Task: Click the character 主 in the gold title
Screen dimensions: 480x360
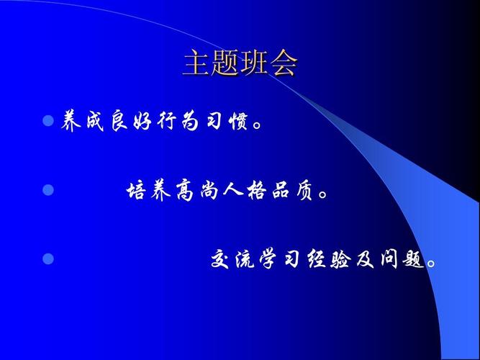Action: [x=196, y=63]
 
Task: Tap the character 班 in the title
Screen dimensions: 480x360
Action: [x=254, y=63]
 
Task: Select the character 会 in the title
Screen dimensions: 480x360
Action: [x=283, y=63]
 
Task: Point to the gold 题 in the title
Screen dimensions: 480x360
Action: [x=225, y=63]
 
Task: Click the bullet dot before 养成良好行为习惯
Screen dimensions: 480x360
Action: [x=48, y=121]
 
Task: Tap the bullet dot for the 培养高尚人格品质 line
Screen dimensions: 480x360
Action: [x=48, y=189]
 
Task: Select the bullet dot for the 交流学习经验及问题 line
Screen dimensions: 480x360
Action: [x=48, y=258]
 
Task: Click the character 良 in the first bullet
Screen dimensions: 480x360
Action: [x=119, y=122]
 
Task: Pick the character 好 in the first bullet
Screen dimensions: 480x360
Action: [x=142, y=122]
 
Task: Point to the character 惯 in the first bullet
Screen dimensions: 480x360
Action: [x=238, y=122]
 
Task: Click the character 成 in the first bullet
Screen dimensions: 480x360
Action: [x=95, y=122]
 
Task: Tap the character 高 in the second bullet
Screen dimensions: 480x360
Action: [x=185, y=191]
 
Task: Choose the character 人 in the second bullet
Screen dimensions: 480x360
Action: [x=232, y=190]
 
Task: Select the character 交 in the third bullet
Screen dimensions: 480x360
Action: [x=220, y=259]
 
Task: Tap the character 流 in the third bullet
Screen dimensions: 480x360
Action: [x=245, y=259]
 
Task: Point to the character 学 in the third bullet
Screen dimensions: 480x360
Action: [x=268, y=259]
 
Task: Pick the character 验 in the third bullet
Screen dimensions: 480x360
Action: [x=340, y=259]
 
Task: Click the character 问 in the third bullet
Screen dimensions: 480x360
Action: [x=389, y=259]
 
